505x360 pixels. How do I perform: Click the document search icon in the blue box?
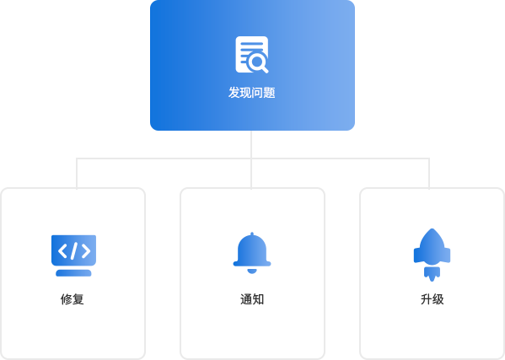point(252,55)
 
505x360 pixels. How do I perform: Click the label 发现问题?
point(252,93)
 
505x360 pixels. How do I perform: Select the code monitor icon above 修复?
point(73,255)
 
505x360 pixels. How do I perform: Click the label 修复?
point(73,299)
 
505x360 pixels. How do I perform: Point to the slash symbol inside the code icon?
point(74,251)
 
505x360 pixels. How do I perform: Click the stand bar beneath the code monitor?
point(73,273)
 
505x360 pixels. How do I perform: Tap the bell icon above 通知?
point(252,253)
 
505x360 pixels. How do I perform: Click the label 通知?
point(252,299)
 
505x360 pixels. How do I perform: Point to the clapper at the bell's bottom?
point(252,271)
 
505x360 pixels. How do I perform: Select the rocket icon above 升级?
point(432,255)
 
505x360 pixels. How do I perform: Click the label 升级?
point(432,299)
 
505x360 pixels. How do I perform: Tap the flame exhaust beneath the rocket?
point(432,274)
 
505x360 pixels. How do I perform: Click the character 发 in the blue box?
point(234,93)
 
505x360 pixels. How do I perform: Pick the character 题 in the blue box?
point(270,93)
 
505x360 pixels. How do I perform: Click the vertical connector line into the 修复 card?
point(77,173)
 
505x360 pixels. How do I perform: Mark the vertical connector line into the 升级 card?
point(429,173)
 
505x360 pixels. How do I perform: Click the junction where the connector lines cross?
point(251,159)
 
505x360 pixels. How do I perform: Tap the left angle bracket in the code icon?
point(62,251)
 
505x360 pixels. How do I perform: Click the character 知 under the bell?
point(258,299)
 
